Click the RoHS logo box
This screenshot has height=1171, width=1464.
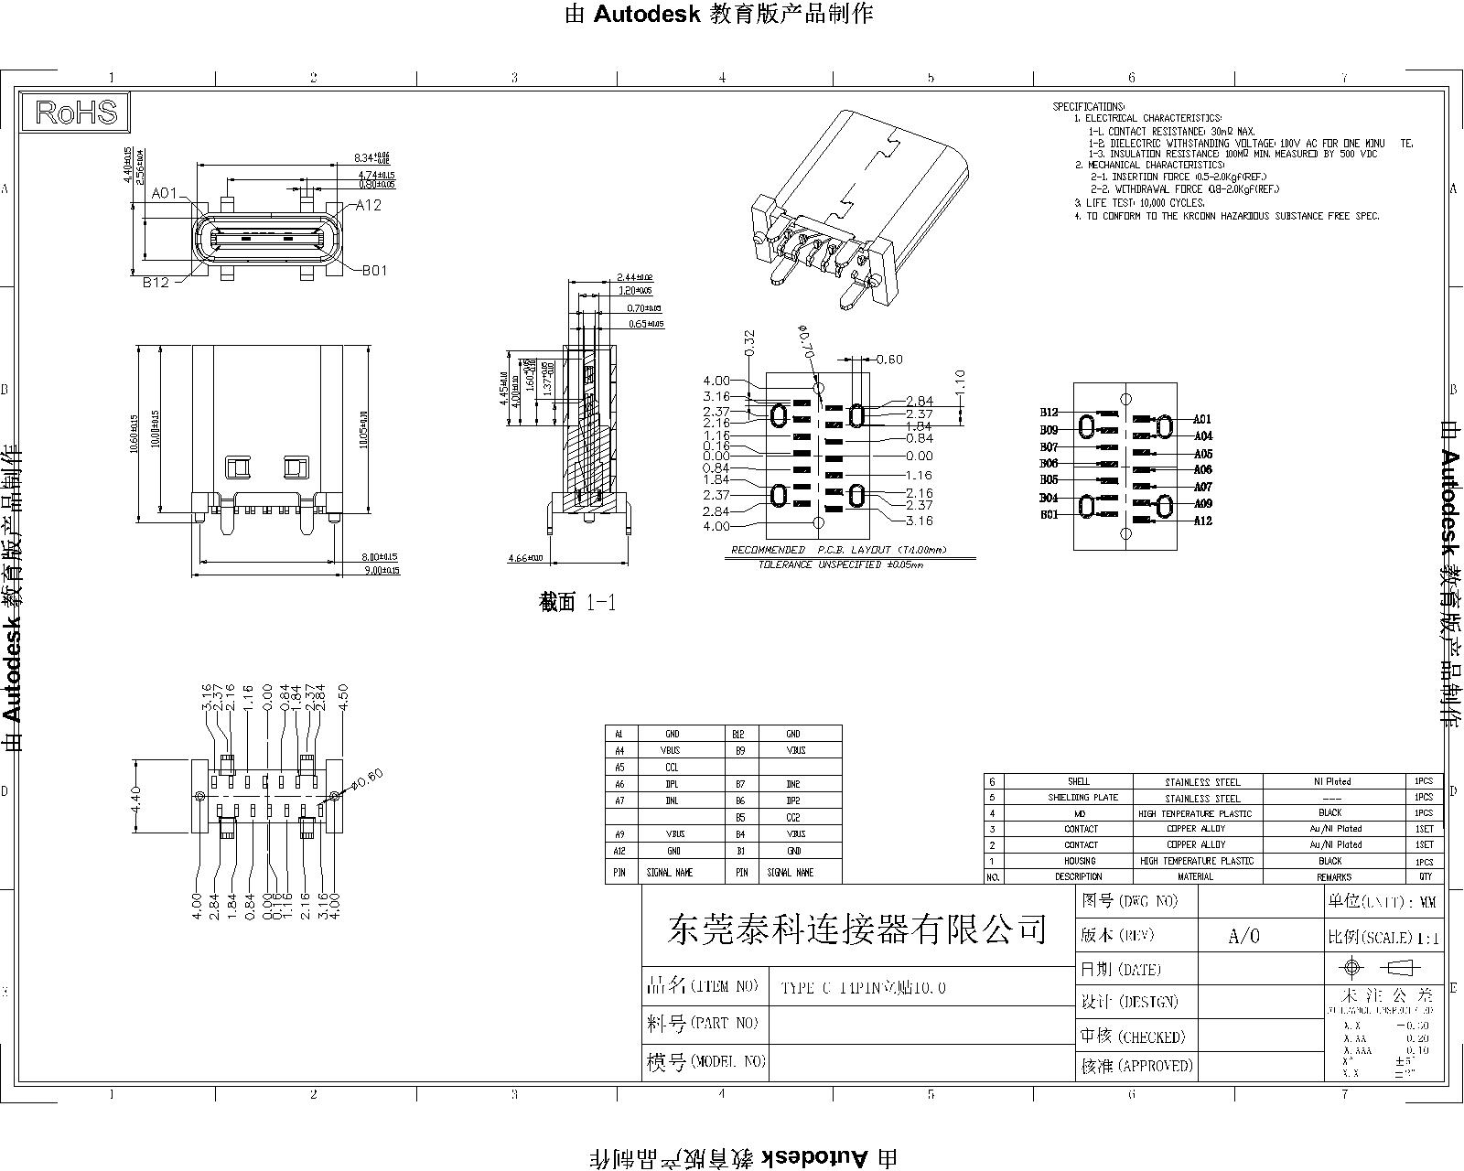(77, 112)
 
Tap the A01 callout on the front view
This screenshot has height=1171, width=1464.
(165, 193)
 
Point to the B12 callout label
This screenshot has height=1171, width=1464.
(156, 283)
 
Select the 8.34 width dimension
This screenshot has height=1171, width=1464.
(371, 158)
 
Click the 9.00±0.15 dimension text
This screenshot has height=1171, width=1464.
(381, 571)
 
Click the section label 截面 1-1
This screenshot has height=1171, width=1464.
(577, 602)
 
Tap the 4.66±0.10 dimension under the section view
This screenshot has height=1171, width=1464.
(525, 558)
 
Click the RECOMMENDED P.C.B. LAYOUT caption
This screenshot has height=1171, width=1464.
(838, 550)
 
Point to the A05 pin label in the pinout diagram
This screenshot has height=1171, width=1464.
(1202, 454)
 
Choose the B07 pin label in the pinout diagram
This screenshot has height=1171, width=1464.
(1049, 447)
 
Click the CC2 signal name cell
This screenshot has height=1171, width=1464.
(792, 818)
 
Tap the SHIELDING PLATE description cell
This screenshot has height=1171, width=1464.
(1083, 798)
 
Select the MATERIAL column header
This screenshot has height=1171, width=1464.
(1195, 876)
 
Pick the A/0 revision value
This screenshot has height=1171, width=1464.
(1243, 936)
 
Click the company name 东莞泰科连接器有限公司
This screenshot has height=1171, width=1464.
(857, 929)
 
